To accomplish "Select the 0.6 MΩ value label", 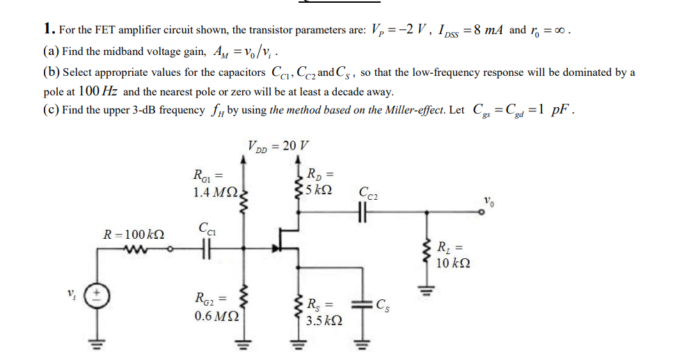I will (214, 315).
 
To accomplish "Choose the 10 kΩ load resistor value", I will (452, 263).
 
